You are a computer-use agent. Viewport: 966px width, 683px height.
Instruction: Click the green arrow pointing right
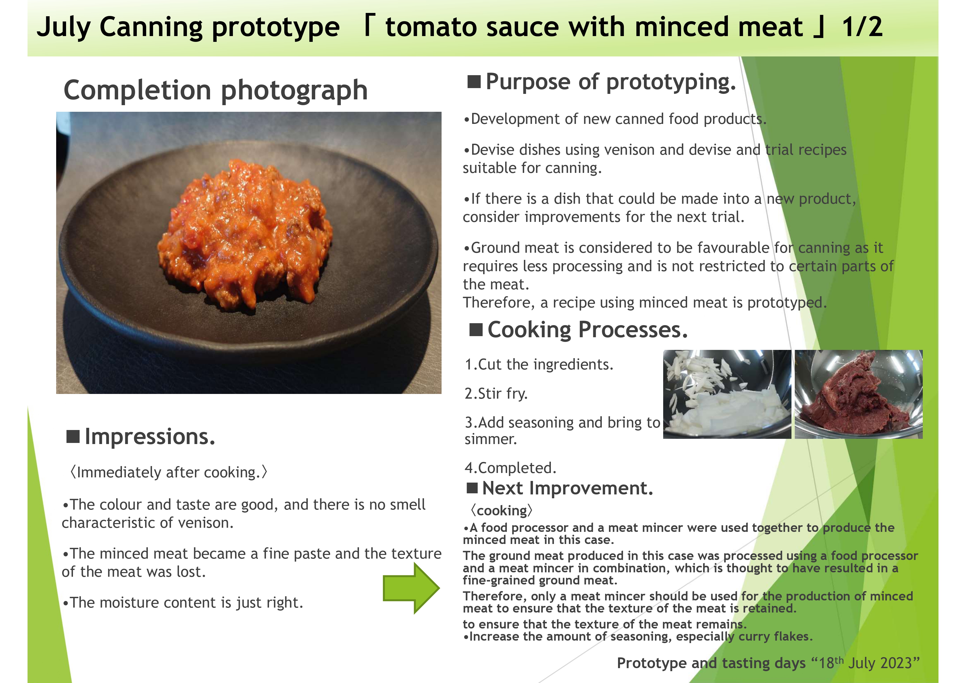(x=411, y=588)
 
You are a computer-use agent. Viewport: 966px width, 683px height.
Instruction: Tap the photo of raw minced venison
(x=858, y=394)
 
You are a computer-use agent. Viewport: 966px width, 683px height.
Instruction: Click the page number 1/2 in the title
(x=862, y=27)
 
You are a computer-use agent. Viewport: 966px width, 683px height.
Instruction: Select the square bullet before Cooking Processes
(x=476, y=330)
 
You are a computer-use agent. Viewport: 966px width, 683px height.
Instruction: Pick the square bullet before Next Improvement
(x=472, y=488)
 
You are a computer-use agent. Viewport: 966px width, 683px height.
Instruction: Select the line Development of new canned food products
(x=615, y=119)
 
